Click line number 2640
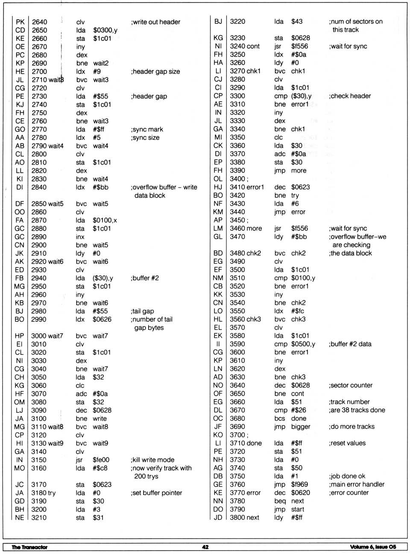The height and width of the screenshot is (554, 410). pyautogui.click(x=39, y=22)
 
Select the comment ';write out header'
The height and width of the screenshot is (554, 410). pyautogui.click(x=155, y=22)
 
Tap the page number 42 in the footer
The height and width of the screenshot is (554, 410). pyautogui.click(x=205, y=547)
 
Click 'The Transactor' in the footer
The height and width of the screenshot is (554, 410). pyautogui.click(x=29, y=547)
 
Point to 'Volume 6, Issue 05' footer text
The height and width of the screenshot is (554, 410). pyautogui.click(x=373, y=547)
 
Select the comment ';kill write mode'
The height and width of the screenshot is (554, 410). pyautogui.click(x=152, y=460)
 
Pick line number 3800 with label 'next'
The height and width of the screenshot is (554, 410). pyautogui.click(x=244, y=517)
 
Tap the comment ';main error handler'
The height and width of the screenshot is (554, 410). pyautogui.click(x=357, y=484)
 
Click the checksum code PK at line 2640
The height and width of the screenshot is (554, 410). pyautogui.click(x=20, y=22)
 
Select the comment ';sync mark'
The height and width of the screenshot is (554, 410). pyautogui.click(x=147, y=129)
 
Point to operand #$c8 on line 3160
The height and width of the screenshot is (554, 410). pyautogui.click(x=100, y=468)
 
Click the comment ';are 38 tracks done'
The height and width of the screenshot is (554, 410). pyautogui.click(x=357, y=410)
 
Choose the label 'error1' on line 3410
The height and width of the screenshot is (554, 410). pyautogui.click(x=255, y=187)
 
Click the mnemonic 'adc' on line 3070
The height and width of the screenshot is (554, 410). pyautogui.click(x=81, y=394)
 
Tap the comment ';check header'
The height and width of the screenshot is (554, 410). pyautogui.click(x=350, y=96)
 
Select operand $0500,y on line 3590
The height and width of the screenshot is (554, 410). pyautogui.click(x=303, y=344)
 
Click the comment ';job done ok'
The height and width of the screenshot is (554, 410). pyautogui.click(x=347, y=476)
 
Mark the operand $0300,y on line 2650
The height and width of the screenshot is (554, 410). pyautogui.click(x=105, y=30)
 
